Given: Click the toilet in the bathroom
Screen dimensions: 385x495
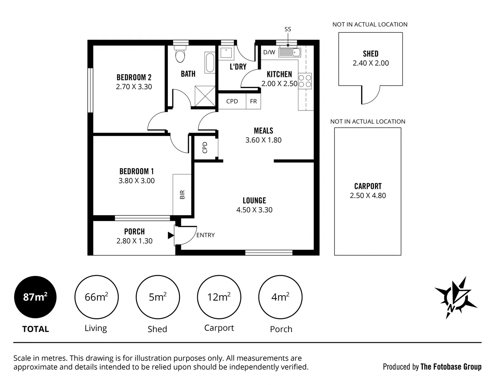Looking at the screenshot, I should coord(180,55).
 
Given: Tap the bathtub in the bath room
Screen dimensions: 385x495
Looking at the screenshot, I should coord(210,63).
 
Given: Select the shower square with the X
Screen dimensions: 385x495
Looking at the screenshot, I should coord(205,96).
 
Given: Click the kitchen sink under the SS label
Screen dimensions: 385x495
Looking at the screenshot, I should coord(289,53).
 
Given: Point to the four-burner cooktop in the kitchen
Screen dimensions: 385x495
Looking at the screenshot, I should coord(305,81).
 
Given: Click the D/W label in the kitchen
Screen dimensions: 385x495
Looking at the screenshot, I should coord(269,52).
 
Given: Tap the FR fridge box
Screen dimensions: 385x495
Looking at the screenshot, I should coord(253,101).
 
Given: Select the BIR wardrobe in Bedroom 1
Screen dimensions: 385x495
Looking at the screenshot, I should coord(182,195).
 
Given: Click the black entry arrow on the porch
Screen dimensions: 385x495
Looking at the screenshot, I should coord(171,235).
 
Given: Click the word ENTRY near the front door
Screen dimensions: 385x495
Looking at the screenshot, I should coord(206,235).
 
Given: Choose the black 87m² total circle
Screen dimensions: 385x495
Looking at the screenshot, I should coord(35,297).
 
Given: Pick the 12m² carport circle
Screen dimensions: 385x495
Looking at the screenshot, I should coord(219,297).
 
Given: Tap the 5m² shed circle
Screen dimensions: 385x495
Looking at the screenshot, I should coord(157,297).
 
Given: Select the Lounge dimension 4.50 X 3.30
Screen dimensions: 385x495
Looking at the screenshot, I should coord(254,210).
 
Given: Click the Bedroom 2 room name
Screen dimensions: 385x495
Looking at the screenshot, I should coord(134,77).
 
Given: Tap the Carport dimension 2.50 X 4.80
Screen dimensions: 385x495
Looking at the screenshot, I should coord(368,196).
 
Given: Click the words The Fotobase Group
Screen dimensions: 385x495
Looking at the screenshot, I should coord(451,367).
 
